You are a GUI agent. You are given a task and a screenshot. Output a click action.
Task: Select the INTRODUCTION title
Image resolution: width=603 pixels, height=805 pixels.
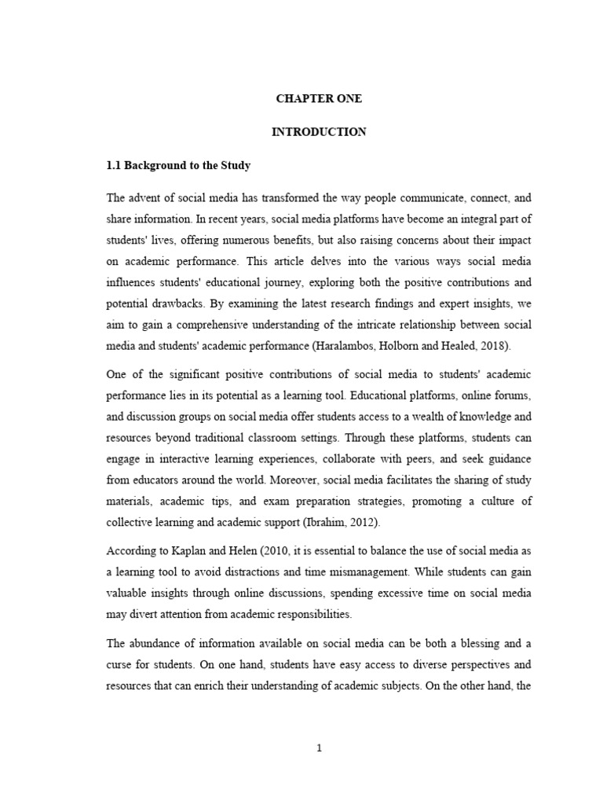pos(319,132)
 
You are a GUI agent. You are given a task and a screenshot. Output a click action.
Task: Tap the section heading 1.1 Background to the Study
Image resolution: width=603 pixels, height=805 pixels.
pos(177,167)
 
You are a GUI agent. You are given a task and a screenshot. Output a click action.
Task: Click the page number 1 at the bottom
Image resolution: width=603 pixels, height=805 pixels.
pos(319,748)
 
